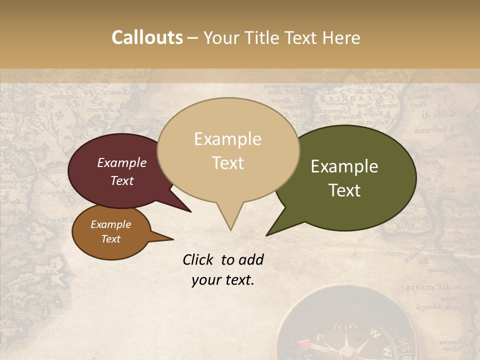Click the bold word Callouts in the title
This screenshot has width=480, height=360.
pyautogui.click(x=147, y=37)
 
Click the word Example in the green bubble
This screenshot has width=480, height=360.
pyautogui.click(x=344, y=166)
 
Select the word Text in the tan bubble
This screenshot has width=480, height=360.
pyautogui.click(x=228, y=162)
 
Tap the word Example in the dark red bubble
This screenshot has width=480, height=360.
pyautogui.click(x=121, y=162)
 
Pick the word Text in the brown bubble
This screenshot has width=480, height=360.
pyautogui.click(x=111, y=239)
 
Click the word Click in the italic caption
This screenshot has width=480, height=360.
pyautogui.click(x=199, y=259)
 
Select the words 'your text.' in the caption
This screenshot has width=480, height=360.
pyautogui.click(x=223, y=280)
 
